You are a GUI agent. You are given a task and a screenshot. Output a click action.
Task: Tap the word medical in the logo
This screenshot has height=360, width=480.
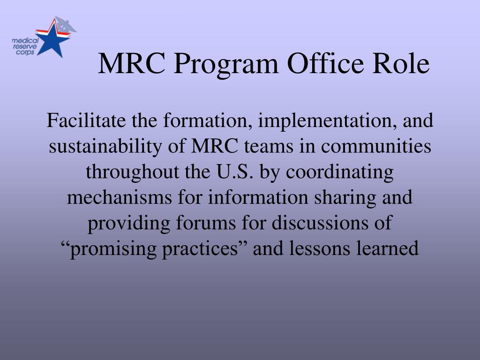click(x=25, y=41)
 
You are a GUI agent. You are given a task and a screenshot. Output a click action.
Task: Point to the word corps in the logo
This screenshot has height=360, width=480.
click(x=25, y=52)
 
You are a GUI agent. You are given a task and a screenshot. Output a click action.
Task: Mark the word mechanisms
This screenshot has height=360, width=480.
click(x=120, y=197)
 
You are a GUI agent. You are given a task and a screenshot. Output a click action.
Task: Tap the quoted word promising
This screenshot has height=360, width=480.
click(x=112, y=248)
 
